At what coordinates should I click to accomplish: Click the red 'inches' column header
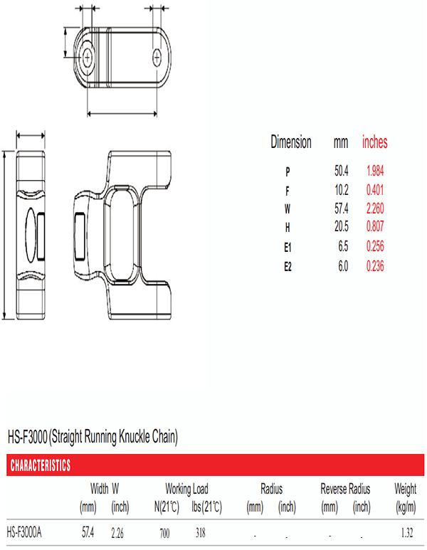click(375, 142)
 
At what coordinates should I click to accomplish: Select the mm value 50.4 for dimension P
click(342, 171)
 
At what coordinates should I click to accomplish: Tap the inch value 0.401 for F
click(375, 190)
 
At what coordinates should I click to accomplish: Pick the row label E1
click(288, 248)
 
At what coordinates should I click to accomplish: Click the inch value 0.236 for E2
click(375, 266)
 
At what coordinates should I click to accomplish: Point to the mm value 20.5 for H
click(342, 226)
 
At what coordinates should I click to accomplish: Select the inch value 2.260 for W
click(375, 208)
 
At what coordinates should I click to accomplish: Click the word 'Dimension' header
click(291, 142)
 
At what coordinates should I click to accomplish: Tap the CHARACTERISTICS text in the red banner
click(41, 465)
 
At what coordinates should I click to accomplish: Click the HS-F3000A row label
click(24, 532)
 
